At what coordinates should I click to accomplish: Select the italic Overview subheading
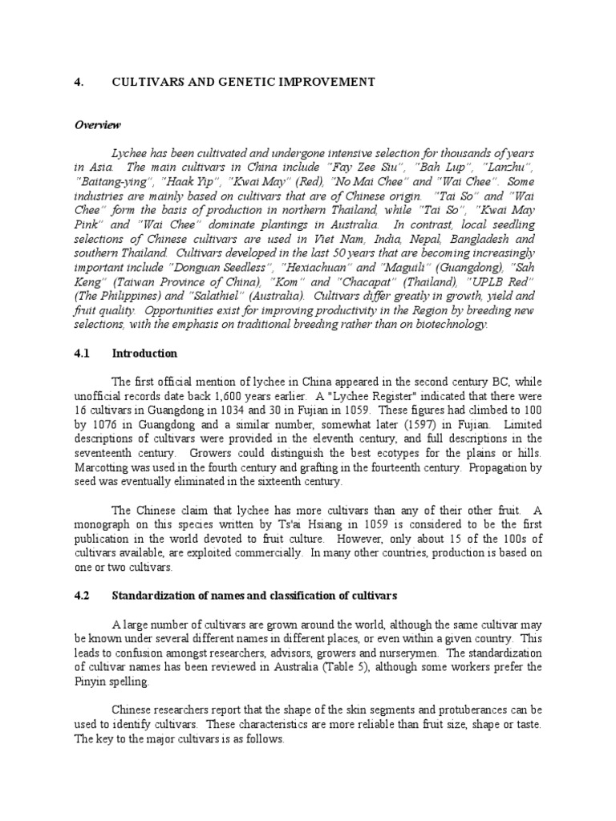point(98,125)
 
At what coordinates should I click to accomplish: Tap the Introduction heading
point(145,353)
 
